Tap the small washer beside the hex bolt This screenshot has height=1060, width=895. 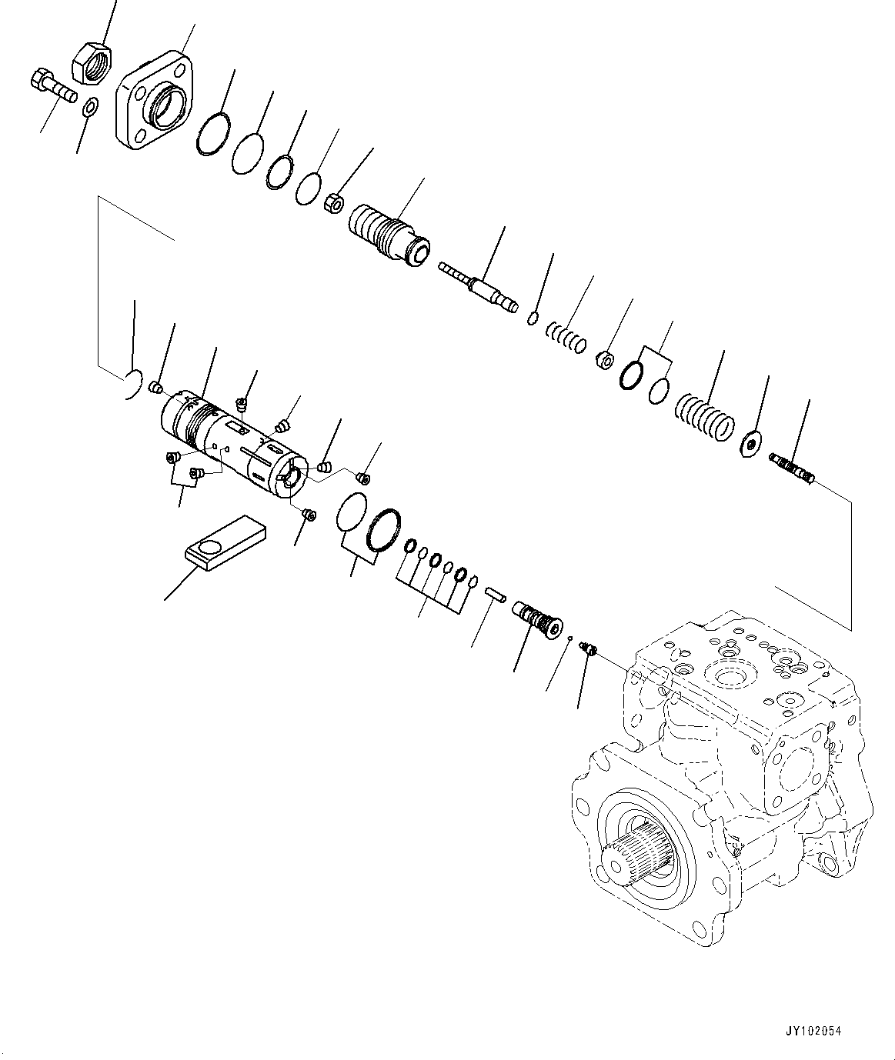89,107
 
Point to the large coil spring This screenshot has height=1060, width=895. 704,416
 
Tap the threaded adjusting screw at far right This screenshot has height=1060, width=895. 793,469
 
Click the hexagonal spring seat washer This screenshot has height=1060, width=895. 750,443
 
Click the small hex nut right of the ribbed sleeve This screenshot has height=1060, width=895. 336,204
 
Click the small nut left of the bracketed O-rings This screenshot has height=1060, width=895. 606,358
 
